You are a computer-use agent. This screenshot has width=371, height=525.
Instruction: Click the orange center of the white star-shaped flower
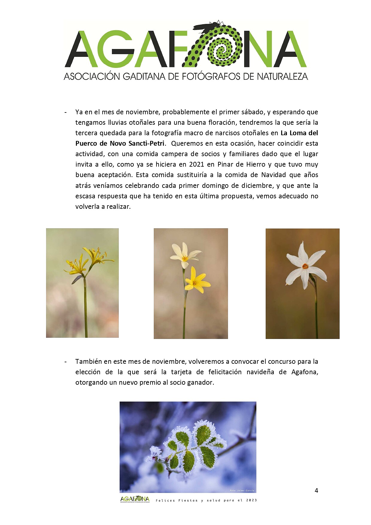tap(305, 266)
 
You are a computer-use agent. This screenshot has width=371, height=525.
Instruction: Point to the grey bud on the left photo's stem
tap(77, 279)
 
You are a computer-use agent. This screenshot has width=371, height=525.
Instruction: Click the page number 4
tap(316, 490)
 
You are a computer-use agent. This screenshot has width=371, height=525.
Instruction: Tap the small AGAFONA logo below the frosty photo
tap(135, 499)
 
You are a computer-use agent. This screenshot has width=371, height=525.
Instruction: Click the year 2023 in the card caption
tap(251, 500)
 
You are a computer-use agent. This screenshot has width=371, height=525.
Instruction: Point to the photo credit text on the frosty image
tap(242, 490)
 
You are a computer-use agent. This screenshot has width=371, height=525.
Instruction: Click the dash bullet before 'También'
tap(65, 362)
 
